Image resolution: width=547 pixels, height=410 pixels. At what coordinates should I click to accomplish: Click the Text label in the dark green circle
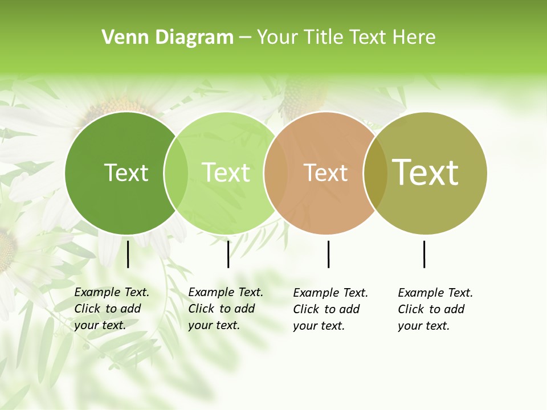click(x=126, y=173)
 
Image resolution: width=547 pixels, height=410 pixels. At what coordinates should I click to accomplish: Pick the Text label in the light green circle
click(x=226, y=173)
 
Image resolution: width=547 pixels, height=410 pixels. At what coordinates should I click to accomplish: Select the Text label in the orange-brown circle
click(x=325, y=173)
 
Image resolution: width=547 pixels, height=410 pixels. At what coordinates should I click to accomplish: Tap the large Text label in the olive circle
click(x=425, y=173)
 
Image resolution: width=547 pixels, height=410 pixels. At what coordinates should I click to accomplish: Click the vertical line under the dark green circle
click(x=128, y=254)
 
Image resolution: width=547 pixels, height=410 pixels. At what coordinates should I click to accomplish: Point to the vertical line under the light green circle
click(x=228, y=254)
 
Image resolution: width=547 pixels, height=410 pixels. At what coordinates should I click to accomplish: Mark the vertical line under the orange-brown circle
click(x=328, y=254)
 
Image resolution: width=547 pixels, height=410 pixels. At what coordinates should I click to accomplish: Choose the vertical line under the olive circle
click(x=424, y=254)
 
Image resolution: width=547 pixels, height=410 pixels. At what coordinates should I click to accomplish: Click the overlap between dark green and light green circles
click(x=176, y=173)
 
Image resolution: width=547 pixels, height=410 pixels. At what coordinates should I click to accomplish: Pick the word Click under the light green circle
click(x=201, y=309)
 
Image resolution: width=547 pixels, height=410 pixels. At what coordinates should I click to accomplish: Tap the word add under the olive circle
click(x=455, y=309)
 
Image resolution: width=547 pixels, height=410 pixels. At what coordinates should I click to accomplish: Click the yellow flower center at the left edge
click(x=6, y=251)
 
